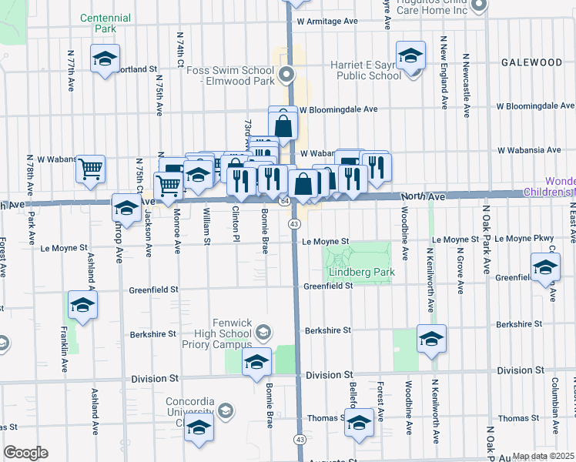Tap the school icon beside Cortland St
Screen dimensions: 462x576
click(x=103, y=59)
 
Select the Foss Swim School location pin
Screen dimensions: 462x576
click(x=286, y=75)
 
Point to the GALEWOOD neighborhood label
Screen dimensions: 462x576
click(x=531, y=62)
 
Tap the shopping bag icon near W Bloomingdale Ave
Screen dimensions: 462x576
click(x=283, y=123)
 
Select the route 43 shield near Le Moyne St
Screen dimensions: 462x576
click(x=295, y=223)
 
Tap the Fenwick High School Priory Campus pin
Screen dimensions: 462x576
click(x=263, y=333)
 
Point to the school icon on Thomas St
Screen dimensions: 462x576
click(x=359, y=422)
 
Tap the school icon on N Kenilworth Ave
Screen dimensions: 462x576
click(x=431, y=339)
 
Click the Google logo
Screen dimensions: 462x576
click(x=25, y=453)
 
